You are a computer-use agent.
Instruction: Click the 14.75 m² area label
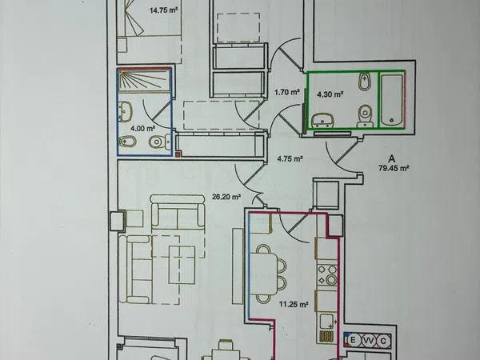[163, 10]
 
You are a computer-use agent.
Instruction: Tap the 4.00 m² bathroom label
[143, 128]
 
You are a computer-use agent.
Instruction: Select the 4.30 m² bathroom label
[330, 94]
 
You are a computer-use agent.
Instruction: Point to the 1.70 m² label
[287, 92]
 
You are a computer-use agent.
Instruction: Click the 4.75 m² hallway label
[290, 159]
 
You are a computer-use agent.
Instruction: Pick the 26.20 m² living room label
[226, 197]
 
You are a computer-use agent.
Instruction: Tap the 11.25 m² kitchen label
[294, 304]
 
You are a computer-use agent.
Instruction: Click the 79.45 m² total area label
[394, 168]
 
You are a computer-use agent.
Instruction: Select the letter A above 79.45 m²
[391, 159]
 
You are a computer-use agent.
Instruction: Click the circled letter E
[353, 340]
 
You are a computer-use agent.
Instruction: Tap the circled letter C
[383, 341]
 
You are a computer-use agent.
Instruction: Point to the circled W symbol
[368, 341]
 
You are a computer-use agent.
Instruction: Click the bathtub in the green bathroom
[391, 100]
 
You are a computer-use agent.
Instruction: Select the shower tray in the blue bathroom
[144, 81]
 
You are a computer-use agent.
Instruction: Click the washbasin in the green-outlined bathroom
[322, 121]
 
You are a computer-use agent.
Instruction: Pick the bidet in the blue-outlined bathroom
[127, 141]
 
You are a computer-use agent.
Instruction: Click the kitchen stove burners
[327, 274]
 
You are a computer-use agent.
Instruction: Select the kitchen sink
[327, 322]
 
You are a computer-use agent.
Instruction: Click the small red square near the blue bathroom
[178, 154]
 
